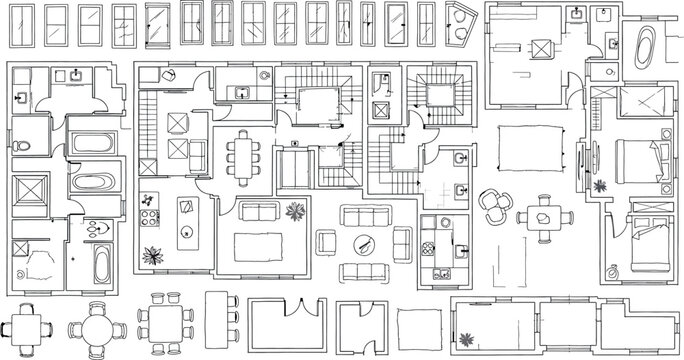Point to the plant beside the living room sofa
click(x=295, y=211)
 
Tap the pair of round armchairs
click(x=495, y=207)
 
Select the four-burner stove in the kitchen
click(x=150, y=214)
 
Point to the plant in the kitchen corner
click(x=153, y=255)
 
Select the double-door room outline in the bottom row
click(x=285, y=321)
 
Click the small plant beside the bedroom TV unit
click(x=600, y=186)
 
